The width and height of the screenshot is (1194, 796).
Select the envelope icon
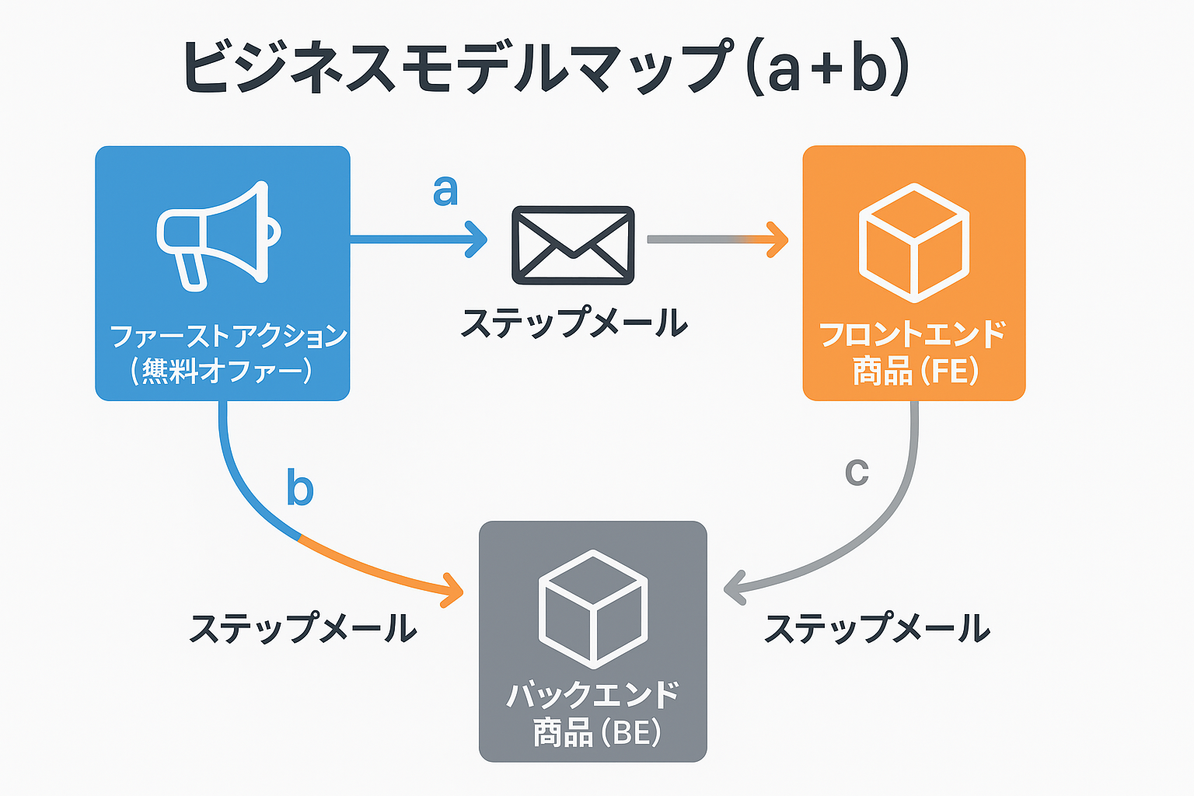tap(573, 245)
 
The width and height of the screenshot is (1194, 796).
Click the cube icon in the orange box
tap(914, 243)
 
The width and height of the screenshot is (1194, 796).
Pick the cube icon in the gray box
tap(593, 609)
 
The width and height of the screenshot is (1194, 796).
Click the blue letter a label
tap(445, 190)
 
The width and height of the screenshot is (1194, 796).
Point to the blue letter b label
tap(300, 487)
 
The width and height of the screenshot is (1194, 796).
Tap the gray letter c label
tap(857, 471)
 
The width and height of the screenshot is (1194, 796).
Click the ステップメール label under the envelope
tap(574, 323)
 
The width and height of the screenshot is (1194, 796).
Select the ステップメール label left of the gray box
tap(303, 628)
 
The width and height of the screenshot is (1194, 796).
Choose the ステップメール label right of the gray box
tap(877, 628)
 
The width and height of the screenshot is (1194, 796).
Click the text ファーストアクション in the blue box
tap(228, 336)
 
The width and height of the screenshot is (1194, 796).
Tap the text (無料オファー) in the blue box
tap(222, 371)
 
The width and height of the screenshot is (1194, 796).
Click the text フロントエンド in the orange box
tap(913, 335)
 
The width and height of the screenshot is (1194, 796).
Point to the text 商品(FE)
tap(915, 371)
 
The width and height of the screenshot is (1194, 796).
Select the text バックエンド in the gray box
tap(593, 694)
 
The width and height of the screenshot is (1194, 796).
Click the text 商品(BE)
tap(596, 732)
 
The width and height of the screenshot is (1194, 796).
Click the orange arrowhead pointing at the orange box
tap(777, 239)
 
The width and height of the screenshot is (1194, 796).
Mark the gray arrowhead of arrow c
tap(734, 588)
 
